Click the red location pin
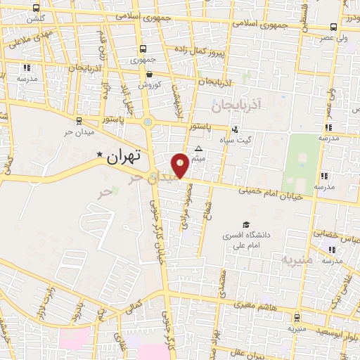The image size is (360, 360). point(181,165)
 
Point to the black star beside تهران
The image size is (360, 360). point(100,154)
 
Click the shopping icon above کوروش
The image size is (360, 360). point(148,73)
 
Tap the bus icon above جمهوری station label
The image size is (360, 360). point(143,49)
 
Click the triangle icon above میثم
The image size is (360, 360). point(198,148)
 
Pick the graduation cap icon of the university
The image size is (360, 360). point(245,224)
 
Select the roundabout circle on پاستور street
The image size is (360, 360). point(148,123)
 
